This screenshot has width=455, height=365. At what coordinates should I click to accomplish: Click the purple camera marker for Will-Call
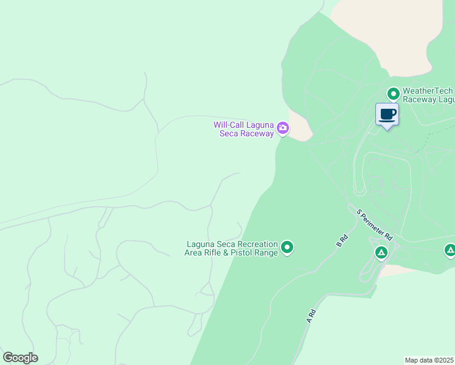[x=282, y=128]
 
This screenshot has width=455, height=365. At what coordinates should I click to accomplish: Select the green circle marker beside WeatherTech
[x=393, y=94]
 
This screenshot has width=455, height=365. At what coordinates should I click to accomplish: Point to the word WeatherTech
[x=428, y=91]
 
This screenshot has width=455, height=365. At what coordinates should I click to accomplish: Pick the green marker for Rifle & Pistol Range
[x=287, y=248]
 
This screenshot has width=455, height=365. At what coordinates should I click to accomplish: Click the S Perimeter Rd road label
[x=375, y=224]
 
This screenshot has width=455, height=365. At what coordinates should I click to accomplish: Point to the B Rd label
[x=341, y=240]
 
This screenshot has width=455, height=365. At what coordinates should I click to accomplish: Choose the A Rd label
[x=311, y=316]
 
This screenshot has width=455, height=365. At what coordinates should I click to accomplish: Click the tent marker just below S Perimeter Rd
[x=381, y=252]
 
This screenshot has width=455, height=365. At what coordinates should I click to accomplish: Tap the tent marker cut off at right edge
[x=450, y=250]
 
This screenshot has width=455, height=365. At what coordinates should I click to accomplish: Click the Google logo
[x=20, y=358]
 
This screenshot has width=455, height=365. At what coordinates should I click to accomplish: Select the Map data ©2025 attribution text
[x=429, y=360]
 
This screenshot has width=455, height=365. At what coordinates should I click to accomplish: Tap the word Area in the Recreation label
[x=194, y=252]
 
